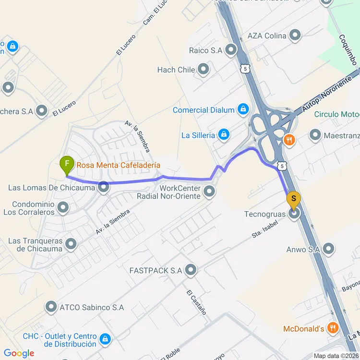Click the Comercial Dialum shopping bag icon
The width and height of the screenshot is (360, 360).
243,110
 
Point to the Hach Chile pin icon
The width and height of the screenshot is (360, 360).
204,70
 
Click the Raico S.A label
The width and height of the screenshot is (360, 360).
205,50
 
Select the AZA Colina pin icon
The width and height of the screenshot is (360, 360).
295,36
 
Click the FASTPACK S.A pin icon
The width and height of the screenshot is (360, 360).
191,270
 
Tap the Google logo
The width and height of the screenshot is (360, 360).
19,353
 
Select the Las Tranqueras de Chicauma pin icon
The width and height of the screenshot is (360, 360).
71,245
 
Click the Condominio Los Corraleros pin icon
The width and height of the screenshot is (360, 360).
63,208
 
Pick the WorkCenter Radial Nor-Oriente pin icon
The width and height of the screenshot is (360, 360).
209,192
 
